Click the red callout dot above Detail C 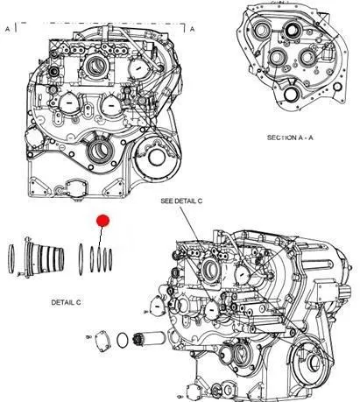point(102,221)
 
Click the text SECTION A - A point(290,138)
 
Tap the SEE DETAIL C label point(181,201)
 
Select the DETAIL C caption point(66,302)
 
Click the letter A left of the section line point(8,29)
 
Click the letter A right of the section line point(192,29)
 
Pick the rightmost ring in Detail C point(110,259)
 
